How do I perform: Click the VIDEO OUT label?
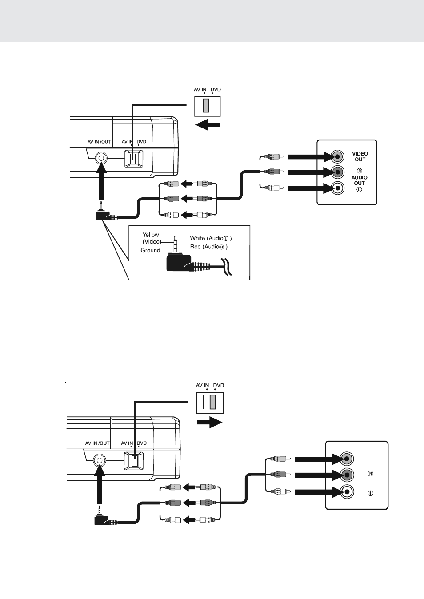coord(360,156)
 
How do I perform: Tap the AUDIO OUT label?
coord(359,180)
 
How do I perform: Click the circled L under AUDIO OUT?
coord(359,189)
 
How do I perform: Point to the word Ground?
coord(150,250)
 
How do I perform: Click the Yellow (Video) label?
coord(151,238)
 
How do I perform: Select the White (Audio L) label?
coord(211,238)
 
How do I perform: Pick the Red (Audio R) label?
coord(208,247)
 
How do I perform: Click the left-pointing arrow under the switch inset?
coord(207,125)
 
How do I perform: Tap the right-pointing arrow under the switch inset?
coord(210,422)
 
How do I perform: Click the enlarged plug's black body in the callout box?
coord(178,264)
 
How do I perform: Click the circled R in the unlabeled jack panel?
coord(370,474)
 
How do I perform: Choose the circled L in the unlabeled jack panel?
coord(370,493)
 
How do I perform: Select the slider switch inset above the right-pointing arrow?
coord(210,402)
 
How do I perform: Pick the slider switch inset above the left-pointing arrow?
coord(208,106)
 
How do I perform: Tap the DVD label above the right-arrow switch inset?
coord(218,385)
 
